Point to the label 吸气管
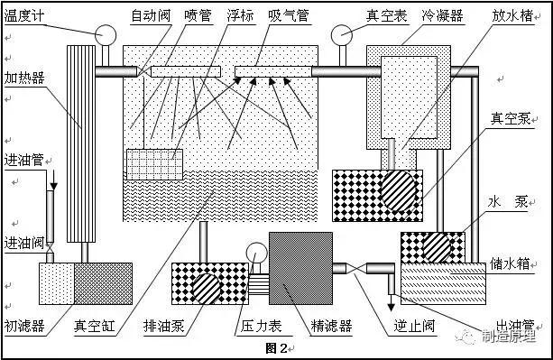pos(286,16)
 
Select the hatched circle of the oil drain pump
pos(206,289)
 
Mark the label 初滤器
pos(21,326)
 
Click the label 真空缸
pos(93,326)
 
